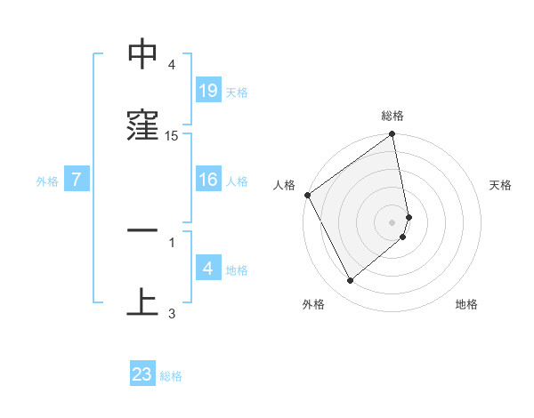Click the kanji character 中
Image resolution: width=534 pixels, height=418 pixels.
(x=142, y=56)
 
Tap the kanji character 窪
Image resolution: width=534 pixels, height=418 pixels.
(x=142, y=127)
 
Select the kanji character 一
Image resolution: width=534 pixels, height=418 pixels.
(x=142, y=232)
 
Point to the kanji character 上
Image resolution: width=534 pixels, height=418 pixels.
(x=142, y=302)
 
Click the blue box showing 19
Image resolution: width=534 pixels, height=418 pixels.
(x=208, y=91)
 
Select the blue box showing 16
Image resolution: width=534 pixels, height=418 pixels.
(x=208, y=181)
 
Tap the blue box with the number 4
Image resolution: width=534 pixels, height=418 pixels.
(x=208, y=269)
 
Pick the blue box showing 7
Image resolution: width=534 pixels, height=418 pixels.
(x=77, y=181)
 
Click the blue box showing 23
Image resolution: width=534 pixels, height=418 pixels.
(x=142, y=374)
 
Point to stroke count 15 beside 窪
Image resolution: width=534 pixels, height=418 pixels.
(x=172, y=136)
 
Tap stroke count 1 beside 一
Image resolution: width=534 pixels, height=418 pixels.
(x=172, y=241)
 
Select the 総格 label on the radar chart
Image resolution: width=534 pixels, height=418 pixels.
(x=392, y=116)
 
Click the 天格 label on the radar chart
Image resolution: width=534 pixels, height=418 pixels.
(x=501, y=185)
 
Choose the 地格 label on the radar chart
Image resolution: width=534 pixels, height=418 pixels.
(x=466, y=304)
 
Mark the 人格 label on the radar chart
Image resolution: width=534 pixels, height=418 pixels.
(x=284, y=185)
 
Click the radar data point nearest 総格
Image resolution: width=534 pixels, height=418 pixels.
(x=392, y=136)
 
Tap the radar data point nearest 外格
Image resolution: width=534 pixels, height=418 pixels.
(x=350, y=281)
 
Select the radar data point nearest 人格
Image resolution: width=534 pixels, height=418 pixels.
(x=307, y=195)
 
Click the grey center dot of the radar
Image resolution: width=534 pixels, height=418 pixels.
(x=392, y=222)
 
